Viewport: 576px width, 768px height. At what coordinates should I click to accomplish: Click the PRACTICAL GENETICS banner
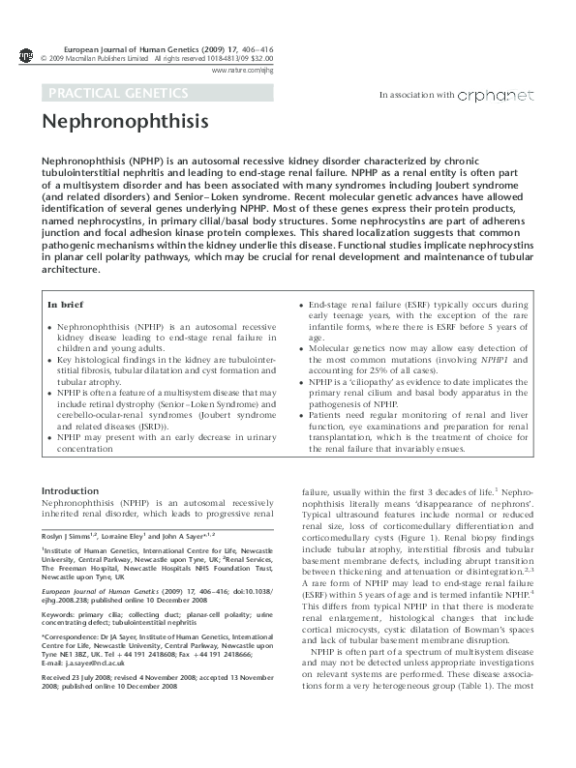pyautogui.click(x=115, y=93)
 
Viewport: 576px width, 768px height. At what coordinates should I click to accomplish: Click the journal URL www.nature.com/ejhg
pyautogui.click(x=237, y=71)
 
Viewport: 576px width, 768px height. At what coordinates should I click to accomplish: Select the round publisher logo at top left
pyautogui.click(x=25, y=54)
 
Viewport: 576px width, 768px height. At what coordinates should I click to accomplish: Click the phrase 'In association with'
pyautogui.click(x=417, y=96)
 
